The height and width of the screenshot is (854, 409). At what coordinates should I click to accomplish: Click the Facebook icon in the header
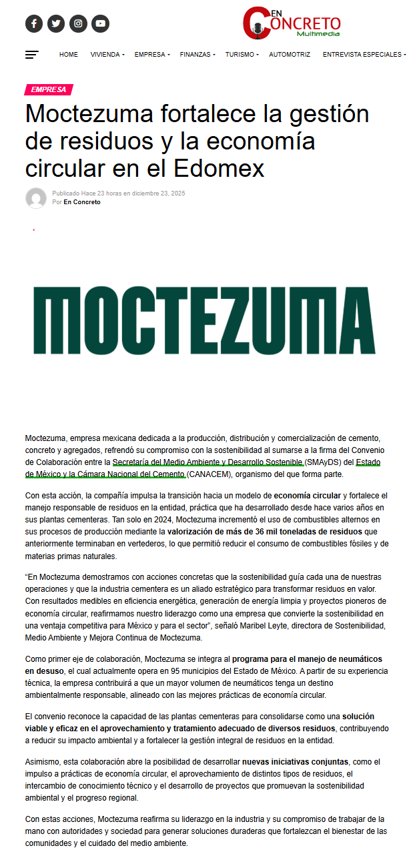(34, 24)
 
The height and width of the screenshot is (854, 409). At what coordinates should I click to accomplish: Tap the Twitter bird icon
(56, 24)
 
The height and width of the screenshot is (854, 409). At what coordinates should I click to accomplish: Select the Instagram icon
(78, 24)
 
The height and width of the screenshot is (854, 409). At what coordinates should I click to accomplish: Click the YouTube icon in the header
(100, 24)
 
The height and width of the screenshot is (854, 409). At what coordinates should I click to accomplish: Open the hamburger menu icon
(32, 55)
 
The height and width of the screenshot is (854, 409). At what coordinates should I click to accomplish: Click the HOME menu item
(69, 55)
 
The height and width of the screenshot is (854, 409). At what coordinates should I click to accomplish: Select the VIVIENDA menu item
(107, 55)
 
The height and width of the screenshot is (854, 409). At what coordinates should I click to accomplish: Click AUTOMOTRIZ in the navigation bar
(290, 55)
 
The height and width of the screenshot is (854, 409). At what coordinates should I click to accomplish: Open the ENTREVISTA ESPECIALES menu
(363, 55)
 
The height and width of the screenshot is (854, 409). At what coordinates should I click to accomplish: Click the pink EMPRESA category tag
(48, 90)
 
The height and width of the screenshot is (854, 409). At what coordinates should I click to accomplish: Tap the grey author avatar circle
(36, 198)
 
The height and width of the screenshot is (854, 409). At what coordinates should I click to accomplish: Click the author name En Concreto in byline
(82, 202)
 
